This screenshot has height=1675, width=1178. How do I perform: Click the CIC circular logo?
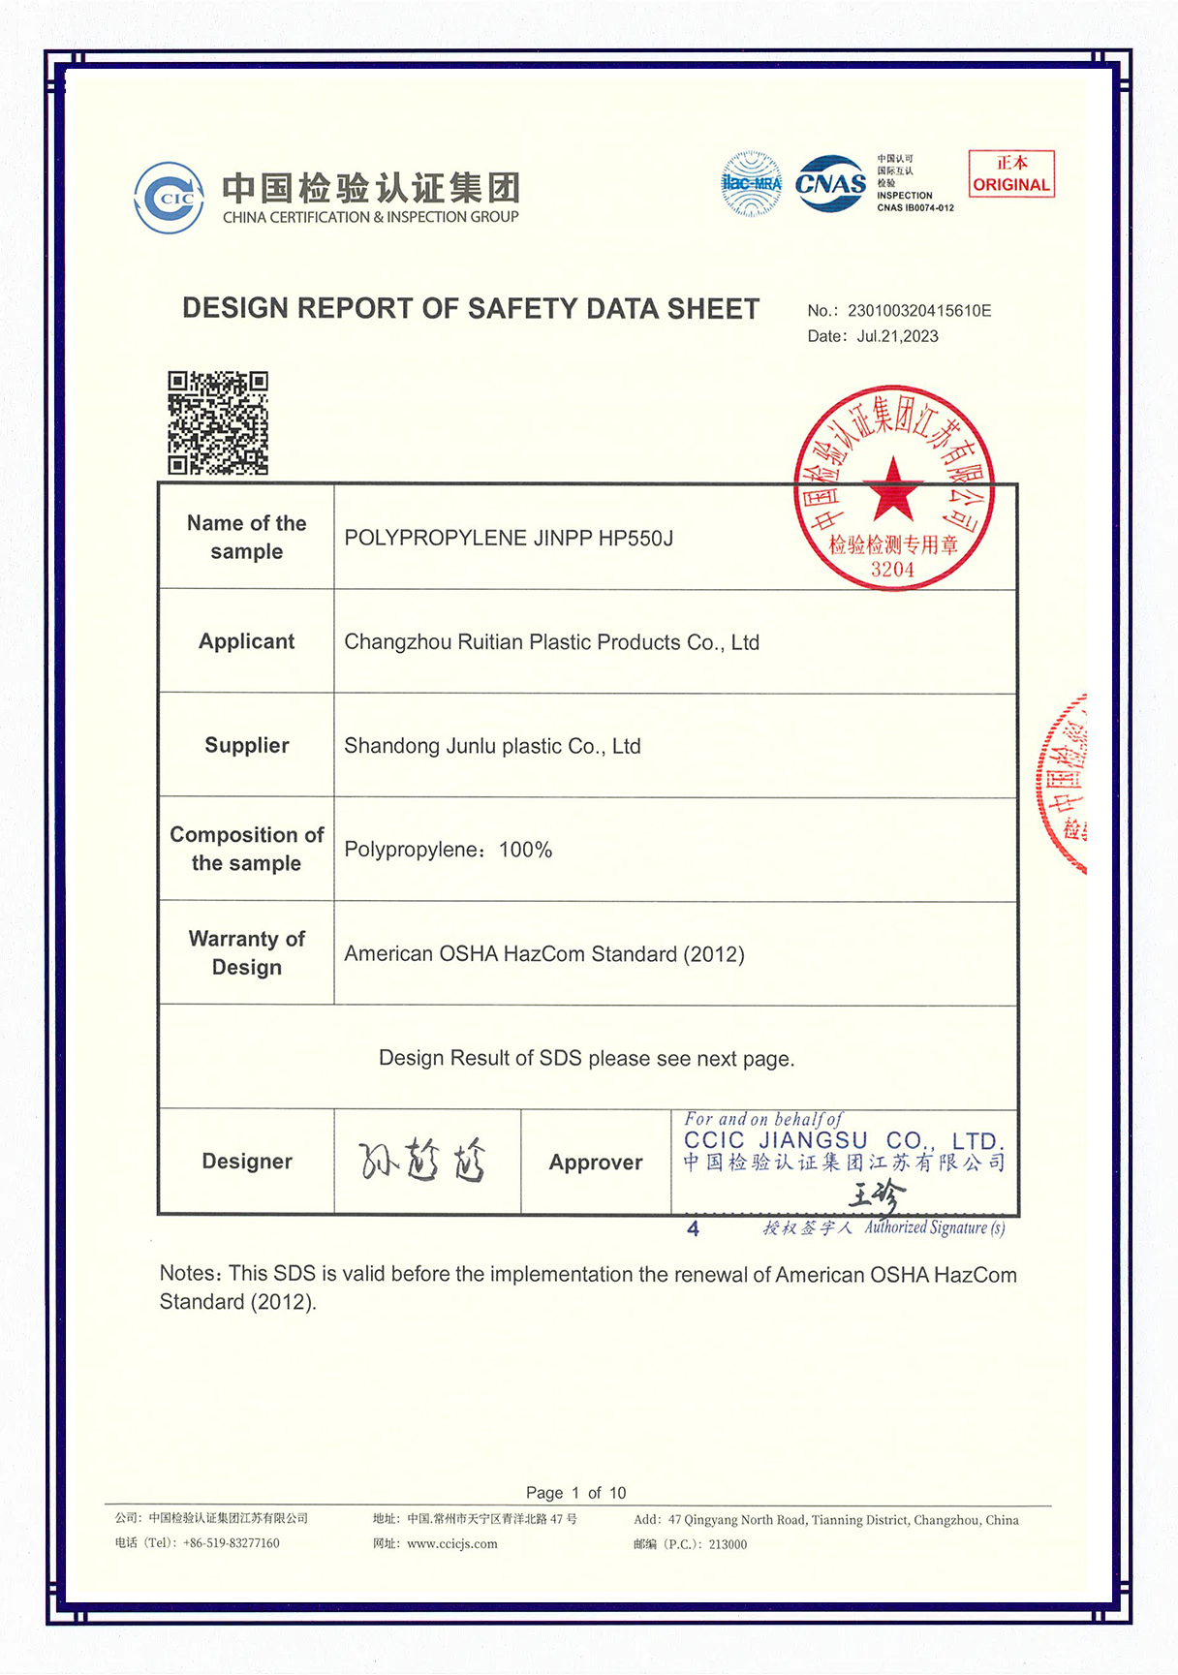(170, 198)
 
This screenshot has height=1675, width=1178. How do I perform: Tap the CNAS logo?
(830, 183)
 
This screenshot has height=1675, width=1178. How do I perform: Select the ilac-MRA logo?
(752, 183)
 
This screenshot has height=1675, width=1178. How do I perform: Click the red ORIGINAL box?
(1011, 174)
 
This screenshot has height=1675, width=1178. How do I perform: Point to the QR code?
(218, 422)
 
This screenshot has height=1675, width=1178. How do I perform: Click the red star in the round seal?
(893, 489)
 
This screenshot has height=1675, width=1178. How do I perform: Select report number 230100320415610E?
(919, 311)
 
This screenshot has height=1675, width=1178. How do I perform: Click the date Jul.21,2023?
(897, 336)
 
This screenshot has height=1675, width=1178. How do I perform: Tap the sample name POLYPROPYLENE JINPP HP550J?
(509, 539)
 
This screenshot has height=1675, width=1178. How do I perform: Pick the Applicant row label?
(246, 641)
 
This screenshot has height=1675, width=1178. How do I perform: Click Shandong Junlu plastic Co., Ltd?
(492, 746)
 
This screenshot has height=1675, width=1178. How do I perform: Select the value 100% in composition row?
(525, 851)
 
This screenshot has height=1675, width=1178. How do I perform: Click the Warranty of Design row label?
(246, 953)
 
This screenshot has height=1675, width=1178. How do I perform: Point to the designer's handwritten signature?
(423, 1161)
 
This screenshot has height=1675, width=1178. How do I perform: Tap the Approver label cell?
(596, 1163)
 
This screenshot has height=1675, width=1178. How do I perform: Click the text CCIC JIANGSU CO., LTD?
(844, 1141)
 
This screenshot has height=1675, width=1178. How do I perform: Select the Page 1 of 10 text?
(575, 1493)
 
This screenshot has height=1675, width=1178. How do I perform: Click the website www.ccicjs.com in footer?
(451, 1544)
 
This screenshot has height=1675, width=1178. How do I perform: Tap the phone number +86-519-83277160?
(231, 1543)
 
